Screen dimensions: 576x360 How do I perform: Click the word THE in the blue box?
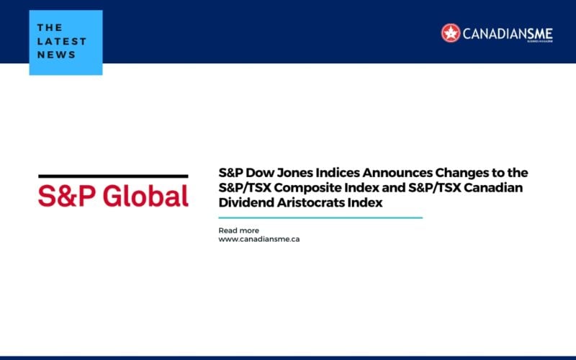pos(50,27)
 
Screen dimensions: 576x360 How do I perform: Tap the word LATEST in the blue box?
pos(62,41)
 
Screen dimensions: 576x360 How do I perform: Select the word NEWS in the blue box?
pos(56,55)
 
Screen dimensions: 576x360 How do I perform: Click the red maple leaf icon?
pos(451,33)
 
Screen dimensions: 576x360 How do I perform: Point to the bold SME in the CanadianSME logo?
pos(539,34)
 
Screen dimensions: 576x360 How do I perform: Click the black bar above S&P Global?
pos(113,176)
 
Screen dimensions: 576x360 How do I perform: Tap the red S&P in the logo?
pos(67,196)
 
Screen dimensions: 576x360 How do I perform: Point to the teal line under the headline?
pos(320,218)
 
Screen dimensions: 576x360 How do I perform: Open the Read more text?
pos(239,230)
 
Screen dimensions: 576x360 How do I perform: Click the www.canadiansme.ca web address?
pos(259,239)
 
